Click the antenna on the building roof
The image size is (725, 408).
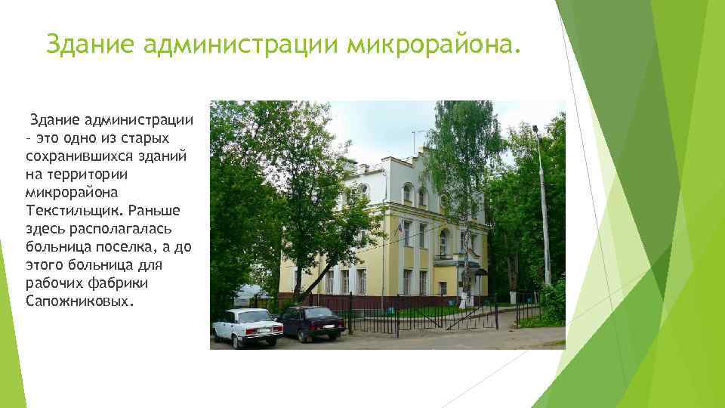(x=415, y=142)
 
